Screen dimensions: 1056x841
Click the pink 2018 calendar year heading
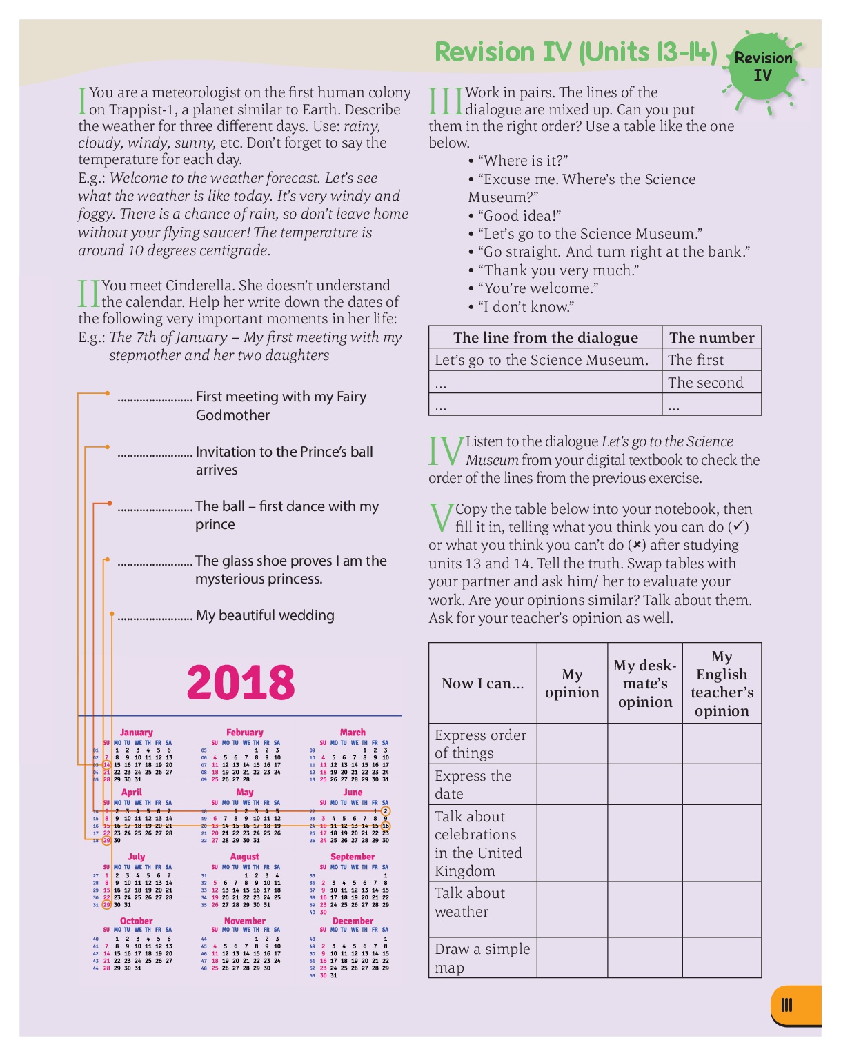[x=241, y=682]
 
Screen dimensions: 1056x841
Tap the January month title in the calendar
[x=136, y=733]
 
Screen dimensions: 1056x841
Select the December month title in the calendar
[x=353, y=921]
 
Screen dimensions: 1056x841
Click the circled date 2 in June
[x=386, y=811]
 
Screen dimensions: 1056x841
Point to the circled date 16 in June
[x=386, y=826]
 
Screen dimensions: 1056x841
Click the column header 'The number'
[x=711, y=337]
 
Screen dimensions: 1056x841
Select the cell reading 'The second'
[x=706, y=383]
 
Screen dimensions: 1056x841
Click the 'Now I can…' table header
[x=482, y=684]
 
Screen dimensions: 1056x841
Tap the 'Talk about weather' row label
[x=470, y=902]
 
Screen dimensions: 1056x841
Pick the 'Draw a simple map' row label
[x=482, y=958]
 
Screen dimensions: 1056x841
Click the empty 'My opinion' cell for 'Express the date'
[x=572, y=784]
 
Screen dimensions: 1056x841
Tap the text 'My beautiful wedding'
[x=265, y=615]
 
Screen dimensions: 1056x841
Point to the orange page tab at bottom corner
[x=795, y=1006]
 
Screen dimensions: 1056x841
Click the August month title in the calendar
[x=244, y=857]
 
